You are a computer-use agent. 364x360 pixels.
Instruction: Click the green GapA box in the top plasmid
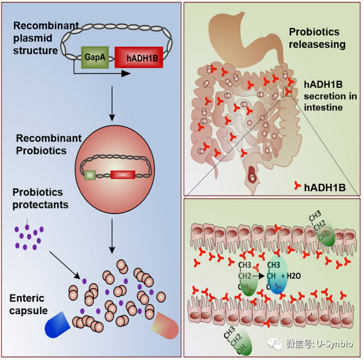(x=95, y=57)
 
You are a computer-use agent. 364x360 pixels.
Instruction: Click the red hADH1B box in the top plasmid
(x=139, y=57)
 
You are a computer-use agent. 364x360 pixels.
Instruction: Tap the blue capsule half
(x=58, y=325)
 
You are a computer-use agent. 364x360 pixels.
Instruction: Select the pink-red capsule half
(x=165, y=326)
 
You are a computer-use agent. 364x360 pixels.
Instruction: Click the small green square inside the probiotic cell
(x=90, y=175)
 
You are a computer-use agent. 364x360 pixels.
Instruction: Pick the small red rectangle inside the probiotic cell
(x=123, y=175)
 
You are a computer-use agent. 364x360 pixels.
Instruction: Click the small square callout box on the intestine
(x=288, y=91)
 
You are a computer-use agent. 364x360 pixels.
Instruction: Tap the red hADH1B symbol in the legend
(x=297, y=186)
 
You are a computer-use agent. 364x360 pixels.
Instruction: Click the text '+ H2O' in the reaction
(x=291, y=276)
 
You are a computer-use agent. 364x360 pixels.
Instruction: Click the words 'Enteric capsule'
(x=29, y=304)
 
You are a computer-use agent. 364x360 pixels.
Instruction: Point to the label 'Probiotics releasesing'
(x=317, y=38)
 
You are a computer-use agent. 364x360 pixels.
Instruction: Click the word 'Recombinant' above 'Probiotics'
(x=49, y=138)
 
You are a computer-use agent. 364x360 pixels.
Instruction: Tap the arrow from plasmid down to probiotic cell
(x=112, y=103)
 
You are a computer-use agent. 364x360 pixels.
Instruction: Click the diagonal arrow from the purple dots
(x=65, y=265)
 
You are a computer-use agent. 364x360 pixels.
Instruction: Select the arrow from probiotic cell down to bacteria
(x=112, y=236)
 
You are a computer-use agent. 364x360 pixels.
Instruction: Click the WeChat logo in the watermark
(x=275, y=343)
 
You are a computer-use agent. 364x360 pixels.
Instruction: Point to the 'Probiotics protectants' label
(x=40, y=199)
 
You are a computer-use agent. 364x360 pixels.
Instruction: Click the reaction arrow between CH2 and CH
(x=258, y=276)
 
